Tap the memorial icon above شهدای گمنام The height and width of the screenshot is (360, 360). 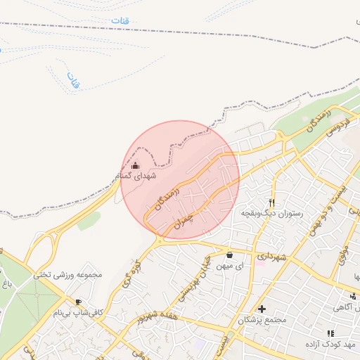(136, 166)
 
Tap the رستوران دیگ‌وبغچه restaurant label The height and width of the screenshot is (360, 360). (271, 212)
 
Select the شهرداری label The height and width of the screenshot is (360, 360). (271, 257)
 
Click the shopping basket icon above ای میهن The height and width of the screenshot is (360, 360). (230, 255)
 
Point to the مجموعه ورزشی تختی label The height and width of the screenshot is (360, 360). (67, 274)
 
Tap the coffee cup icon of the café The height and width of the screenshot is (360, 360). (78, 301)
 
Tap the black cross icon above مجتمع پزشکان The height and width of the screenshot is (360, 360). (262, 309)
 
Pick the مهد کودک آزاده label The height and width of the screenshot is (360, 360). (332, 345)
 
